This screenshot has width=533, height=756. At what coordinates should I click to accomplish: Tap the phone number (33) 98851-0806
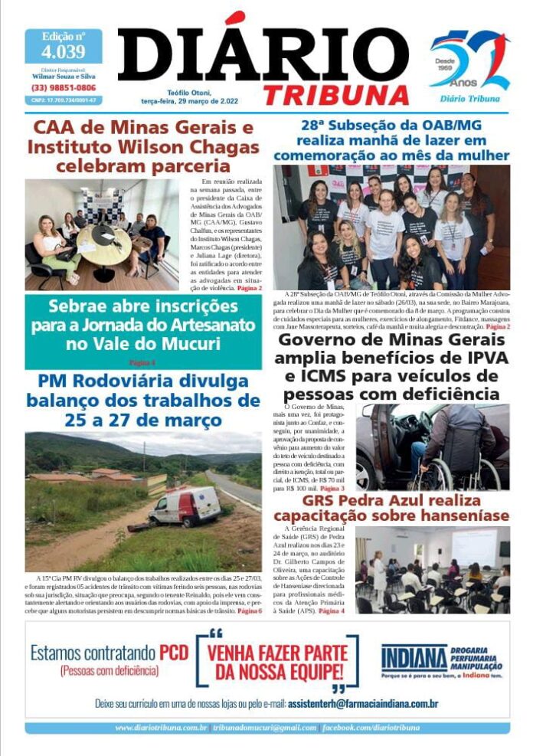64,88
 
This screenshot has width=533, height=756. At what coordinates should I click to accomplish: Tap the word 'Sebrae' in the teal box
83,306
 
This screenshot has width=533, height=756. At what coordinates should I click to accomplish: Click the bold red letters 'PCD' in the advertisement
174,653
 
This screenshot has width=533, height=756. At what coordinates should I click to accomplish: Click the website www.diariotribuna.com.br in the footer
162,728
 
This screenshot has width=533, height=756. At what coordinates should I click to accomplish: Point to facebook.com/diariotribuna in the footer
371,728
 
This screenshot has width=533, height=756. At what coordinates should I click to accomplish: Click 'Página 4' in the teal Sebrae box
142,362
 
